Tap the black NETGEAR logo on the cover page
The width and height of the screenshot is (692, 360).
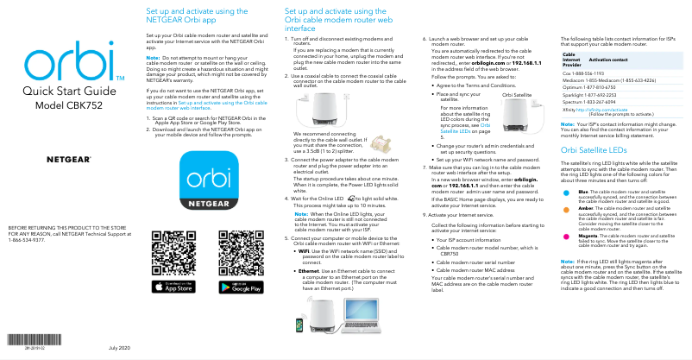click(x=68, y=161)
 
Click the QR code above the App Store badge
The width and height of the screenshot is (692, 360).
click(x=170, y=251)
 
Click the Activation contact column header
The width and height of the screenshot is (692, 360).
click(x=607, y=59)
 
